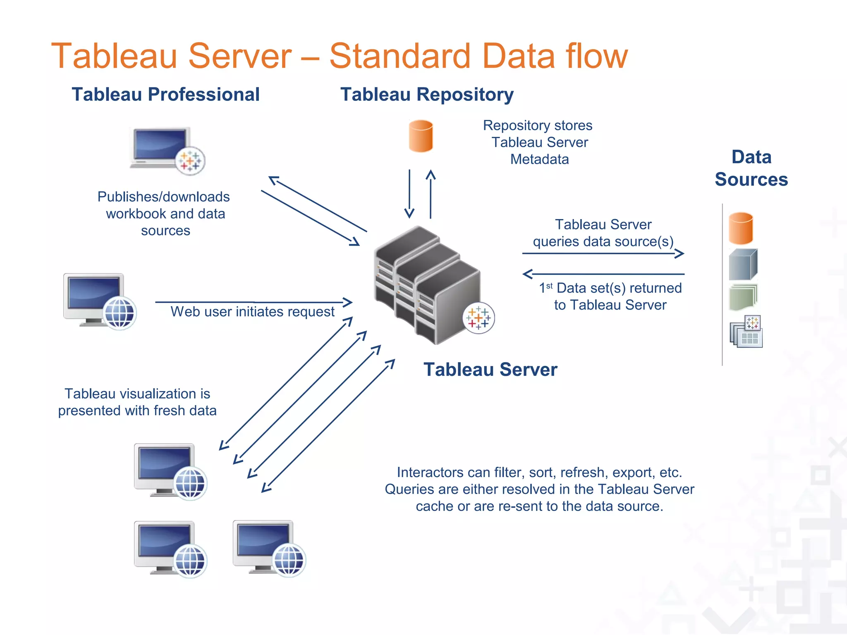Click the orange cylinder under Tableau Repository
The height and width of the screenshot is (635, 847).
(x=421, y=136)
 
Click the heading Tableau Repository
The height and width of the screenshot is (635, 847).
(x=426, y=94)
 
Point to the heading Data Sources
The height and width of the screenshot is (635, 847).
(x=751, y=168)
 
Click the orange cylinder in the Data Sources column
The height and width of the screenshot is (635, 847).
(x=740, y=228)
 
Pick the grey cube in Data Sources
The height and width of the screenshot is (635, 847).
(x=743, y=265)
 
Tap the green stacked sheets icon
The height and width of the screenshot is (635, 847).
(x=743, y=297)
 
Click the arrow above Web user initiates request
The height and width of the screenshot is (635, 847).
(x=253, y=302)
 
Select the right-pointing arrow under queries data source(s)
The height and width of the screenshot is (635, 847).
(x=603, y=253)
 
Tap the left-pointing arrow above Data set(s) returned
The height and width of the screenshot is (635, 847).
(x=603, y=274)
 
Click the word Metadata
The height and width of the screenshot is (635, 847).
(x=539, y=159)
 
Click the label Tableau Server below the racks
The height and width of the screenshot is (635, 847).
(x=490, y=370)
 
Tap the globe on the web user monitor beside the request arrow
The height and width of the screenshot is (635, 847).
(x=120, y=313)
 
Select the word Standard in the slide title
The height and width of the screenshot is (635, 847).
(x=400, y=56)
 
